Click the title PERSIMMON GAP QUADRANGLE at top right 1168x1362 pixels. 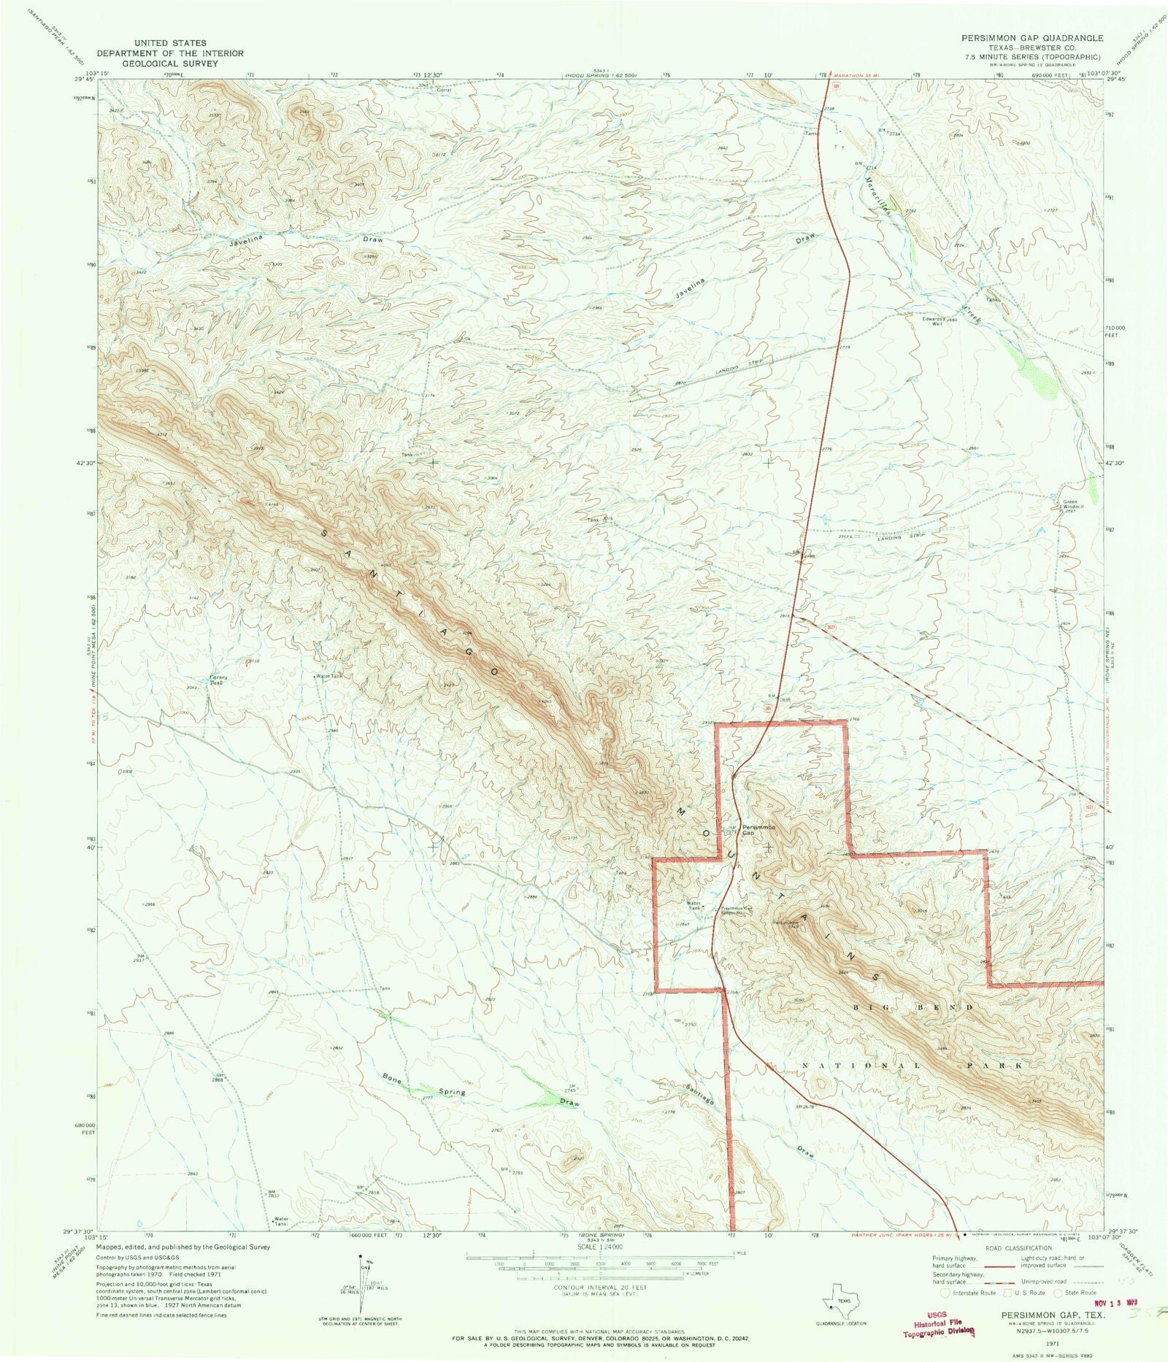[1031, 38]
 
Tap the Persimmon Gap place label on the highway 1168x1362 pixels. [758, 830]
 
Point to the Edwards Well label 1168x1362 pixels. [934, 321]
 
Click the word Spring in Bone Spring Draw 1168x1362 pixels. [452, 1092]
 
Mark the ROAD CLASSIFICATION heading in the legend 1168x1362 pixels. [1018, 1248]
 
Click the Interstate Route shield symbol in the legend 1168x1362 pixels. [945, 1293]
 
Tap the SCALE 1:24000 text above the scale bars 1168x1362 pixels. [592, 1248]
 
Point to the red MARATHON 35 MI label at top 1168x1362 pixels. [856, 74]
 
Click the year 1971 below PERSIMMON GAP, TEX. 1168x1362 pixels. [1050, 1342]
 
